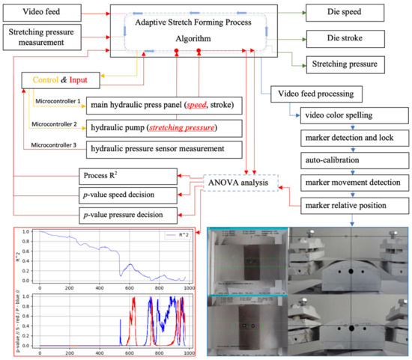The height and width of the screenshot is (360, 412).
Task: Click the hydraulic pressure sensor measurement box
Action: pyautogui.click(x=165, y=148)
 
